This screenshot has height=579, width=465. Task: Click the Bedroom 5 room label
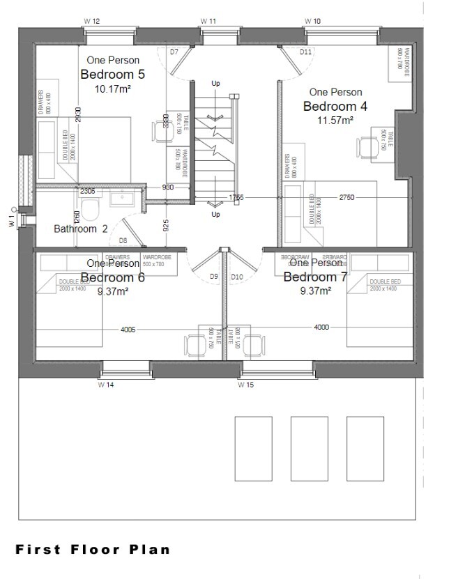pyautogui.click(x=113, y=75)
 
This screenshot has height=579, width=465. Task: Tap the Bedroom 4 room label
pyautogui.click(x=335, y=106)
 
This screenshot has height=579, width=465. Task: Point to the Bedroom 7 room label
pyautogui.click(x=315, y=277)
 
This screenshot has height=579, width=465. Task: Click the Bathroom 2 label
pyautogui.click(x=81, y=229)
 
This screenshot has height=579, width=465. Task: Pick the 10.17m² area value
pyautogui.click(x=113, y=88)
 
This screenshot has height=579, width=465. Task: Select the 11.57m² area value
pyautogui.click(x=335, y=120)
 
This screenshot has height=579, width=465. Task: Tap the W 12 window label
pyautogui.click(x=92, y=22)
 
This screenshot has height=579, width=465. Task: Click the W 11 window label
pyautogui.click(x=208, y=22)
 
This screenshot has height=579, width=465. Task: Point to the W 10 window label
pyautogui.click(x=313, y=22)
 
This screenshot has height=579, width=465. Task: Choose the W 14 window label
pyautogui.click(x=106, y=384)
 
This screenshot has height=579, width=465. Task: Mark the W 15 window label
pyautogui.click(x=245, y=384)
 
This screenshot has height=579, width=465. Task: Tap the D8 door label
pyautogui.click(x=123, y=240)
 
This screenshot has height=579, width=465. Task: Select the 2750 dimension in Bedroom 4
pyautogui.click(x=346, y=198)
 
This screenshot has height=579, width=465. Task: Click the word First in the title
pyautogui.click(x=38, y=549)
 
